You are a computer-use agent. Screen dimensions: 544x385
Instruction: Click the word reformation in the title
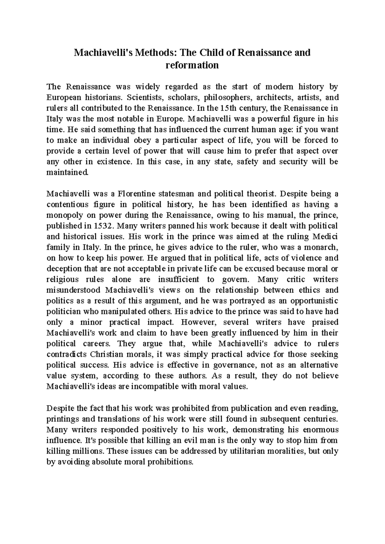[192, 65]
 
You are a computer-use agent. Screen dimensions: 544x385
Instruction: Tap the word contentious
[67, 204]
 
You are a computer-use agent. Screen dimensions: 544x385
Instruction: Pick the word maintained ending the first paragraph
[66, 172]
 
